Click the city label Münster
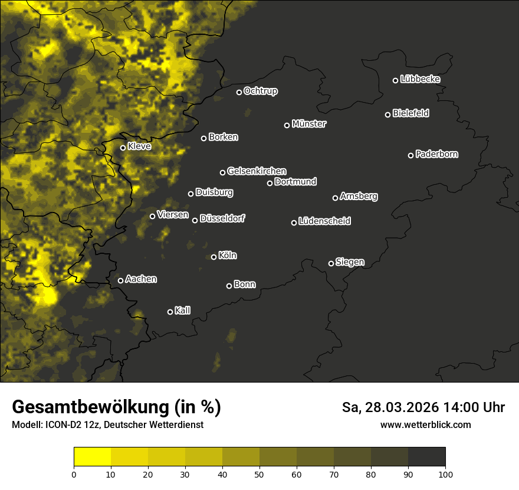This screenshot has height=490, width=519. click(x=309, y=124)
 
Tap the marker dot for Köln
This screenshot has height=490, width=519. click(x=214, y=257)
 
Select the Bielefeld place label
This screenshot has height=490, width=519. click(x=410, y=113)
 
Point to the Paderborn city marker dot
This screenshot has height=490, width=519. click(x=411, y=155)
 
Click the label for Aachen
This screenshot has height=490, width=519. click(x=141, y=279)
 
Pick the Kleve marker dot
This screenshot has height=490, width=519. click(x=123, y=148)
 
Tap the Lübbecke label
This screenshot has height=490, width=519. click(x=420, y=79)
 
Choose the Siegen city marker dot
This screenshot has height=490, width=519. click(x=331, y=263)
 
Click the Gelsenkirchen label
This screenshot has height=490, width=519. click(x=257, y=171)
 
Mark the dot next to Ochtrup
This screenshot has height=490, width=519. click(x=239, y=92)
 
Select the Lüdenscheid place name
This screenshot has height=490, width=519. click(x=324, y=221)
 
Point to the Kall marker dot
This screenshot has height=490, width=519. click(x=170, y=312)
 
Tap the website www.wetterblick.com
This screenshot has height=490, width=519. click(x=425, y=424)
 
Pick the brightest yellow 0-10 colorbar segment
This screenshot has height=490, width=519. click(x=93, y=457)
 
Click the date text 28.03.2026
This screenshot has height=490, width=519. click(x=403, y=407)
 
